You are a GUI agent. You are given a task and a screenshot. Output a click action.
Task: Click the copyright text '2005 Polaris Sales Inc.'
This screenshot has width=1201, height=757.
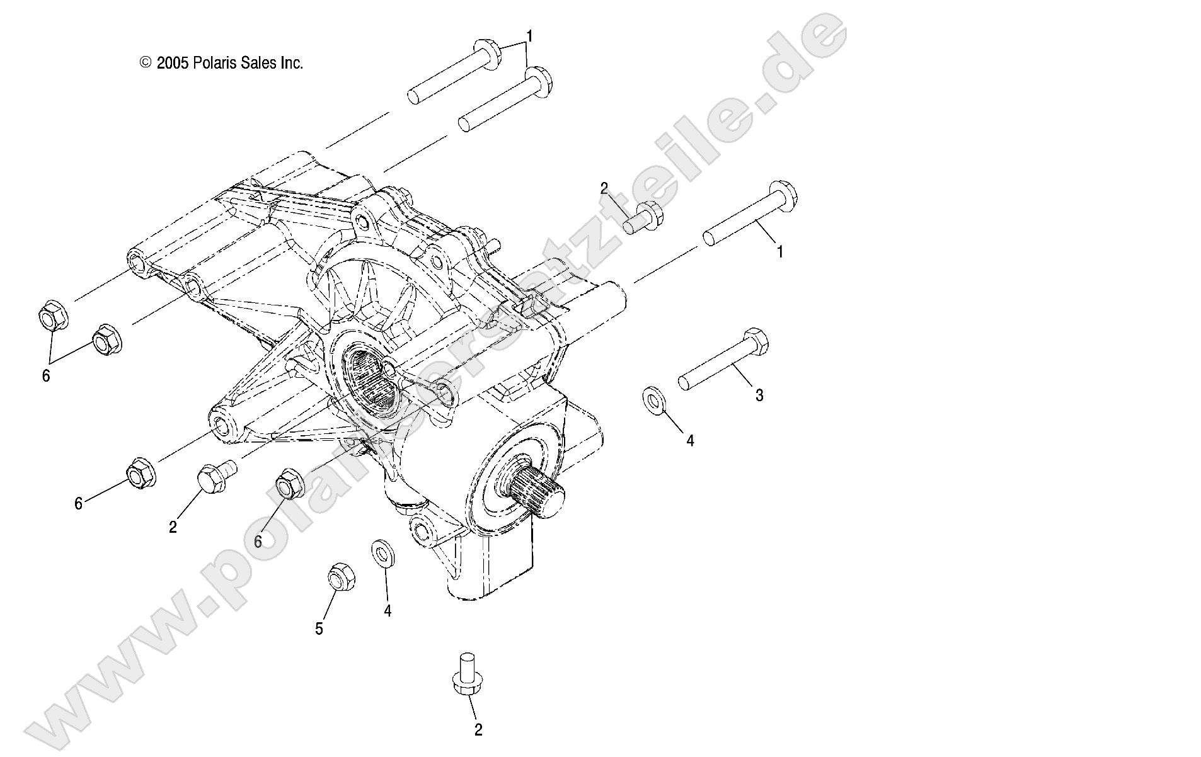(x=229, y=63)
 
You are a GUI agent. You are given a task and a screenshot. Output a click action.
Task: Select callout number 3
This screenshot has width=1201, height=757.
(x=759, y=396)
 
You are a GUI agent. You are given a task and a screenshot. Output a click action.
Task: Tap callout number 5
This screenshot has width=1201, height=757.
(x=319, y=629)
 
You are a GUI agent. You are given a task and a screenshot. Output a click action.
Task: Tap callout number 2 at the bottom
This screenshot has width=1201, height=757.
(x=478, y=730)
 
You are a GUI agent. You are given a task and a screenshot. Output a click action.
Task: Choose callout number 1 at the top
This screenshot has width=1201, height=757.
(x=529, y=37)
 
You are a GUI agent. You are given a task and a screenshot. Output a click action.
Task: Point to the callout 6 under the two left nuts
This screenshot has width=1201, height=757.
(x=45, y=377)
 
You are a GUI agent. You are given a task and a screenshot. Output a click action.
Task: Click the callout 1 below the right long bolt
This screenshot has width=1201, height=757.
(x=780, y=252)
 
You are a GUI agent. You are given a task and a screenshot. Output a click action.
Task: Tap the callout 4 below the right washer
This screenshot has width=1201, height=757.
(x=690, y=441)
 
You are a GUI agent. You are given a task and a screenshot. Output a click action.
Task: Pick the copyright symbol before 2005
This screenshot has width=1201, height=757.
(x=146, y=63)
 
